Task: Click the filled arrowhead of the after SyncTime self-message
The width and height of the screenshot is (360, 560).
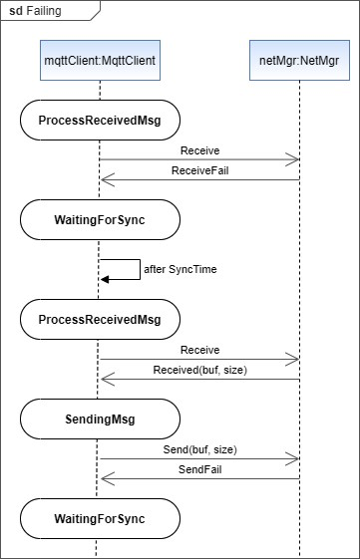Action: pos(105,280)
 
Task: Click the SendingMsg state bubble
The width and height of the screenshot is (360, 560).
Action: pos(100,420)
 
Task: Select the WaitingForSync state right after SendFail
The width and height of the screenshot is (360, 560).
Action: pos(100,519)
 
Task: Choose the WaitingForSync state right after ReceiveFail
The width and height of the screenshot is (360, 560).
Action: pos(100,220)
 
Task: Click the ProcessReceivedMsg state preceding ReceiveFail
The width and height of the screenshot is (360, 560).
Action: pos(100,121)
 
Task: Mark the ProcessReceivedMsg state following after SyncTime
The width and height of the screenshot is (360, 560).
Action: pos(100,320)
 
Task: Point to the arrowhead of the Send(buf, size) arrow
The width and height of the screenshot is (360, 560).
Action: pos(293,459)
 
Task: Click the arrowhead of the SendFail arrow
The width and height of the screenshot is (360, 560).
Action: pos(107,479)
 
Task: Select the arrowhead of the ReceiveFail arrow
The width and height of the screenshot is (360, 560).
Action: pos(107,180)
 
